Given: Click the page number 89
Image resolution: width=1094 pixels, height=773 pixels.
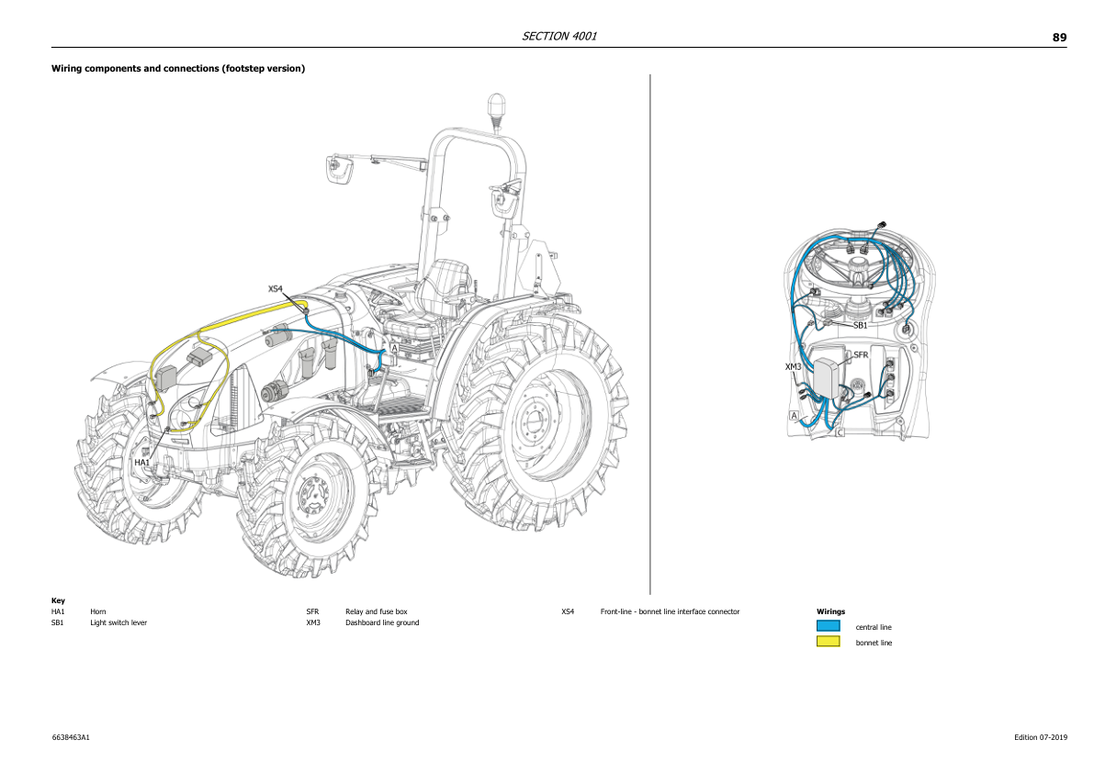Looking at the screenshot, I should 1059,38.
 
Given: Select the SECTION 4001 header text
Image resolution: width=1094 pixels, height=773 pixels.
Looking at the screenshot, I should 559,37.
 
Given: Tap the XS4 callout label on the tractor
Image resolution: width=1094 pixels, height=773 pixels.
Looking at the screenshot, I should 276,289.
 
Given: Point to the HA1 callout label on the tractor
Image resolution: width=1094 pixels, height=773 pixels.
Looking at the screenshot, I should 141,463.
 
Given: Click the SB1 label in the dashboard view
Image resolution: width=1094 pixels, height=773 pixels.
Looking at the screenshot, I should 860,325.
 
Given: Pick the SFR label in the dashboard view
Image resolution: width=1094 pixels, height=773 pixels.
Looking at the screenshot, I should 861,354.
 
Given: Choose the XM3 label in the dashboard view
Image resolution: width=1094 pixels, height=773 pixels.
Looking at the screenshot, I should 794,366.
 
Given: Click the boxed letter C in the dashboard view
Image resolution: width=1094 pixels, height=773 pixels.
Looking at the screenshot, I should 839,431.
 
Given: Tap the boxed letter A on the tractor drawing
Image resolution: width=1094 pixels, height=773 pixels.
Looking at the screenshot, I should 394,349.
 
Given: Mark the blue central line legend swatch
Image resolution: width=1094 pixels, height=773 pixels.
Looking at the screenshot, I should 828,626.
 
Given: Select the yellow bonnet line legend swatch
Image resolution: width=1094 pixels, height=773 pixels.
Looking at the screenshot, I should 828,642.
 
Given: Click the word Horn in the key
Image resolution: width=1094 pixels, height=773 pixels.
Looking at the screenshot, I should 98,611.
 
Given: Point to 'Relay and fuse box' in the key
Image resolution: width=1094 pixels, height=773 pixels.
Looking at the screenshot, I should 376,611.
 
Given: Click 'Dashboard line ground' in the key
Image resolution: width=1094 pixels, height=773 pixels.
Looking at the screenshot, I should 381,622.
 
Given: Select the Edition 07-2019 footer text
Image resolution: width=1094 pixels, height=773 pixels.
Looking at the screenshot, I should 1041,737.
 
